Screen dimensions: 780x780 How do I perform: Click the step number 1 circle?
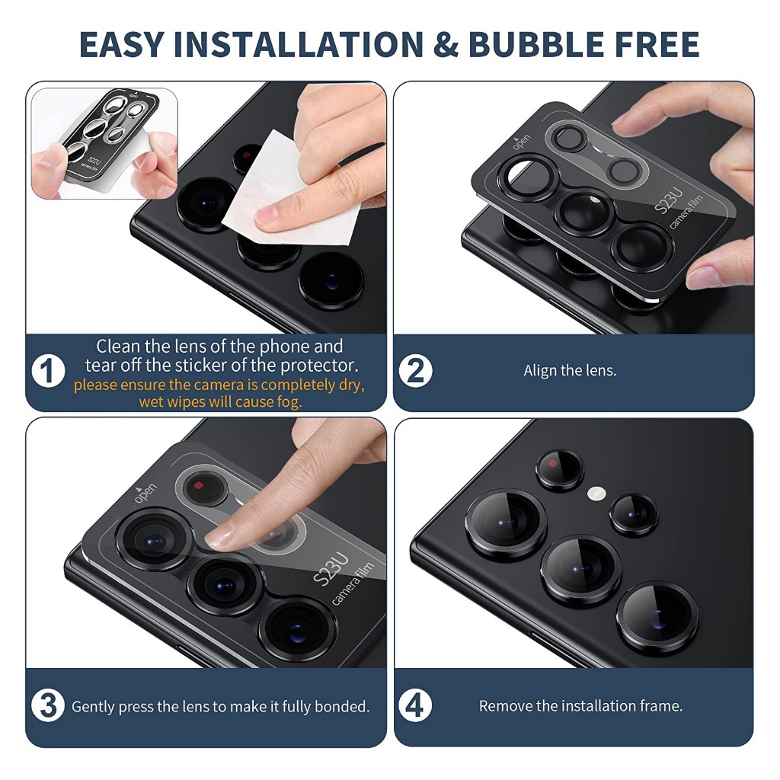[48, 371]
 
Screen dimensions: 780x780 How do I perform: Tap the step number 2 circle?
[415, 371]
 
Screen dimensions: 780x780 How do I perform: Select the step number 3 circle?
[48, 706]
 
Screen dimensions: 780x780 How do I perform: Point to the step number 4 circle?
[415, 706]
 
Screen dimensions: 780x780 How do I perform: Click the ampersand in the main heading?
[446, 44]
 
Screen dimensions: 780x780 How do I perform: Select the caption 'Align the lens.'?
[570, 371]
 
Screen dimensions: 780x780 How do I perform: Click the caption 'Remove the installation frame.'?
[580, 706]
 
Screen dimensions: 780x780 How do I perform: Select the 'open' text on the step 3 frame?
[146, 493]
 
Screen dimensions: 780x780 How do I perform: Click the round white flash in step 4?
[596, 494]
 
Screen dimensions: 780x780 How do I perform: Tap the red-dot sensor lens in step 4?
[560, 468]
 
